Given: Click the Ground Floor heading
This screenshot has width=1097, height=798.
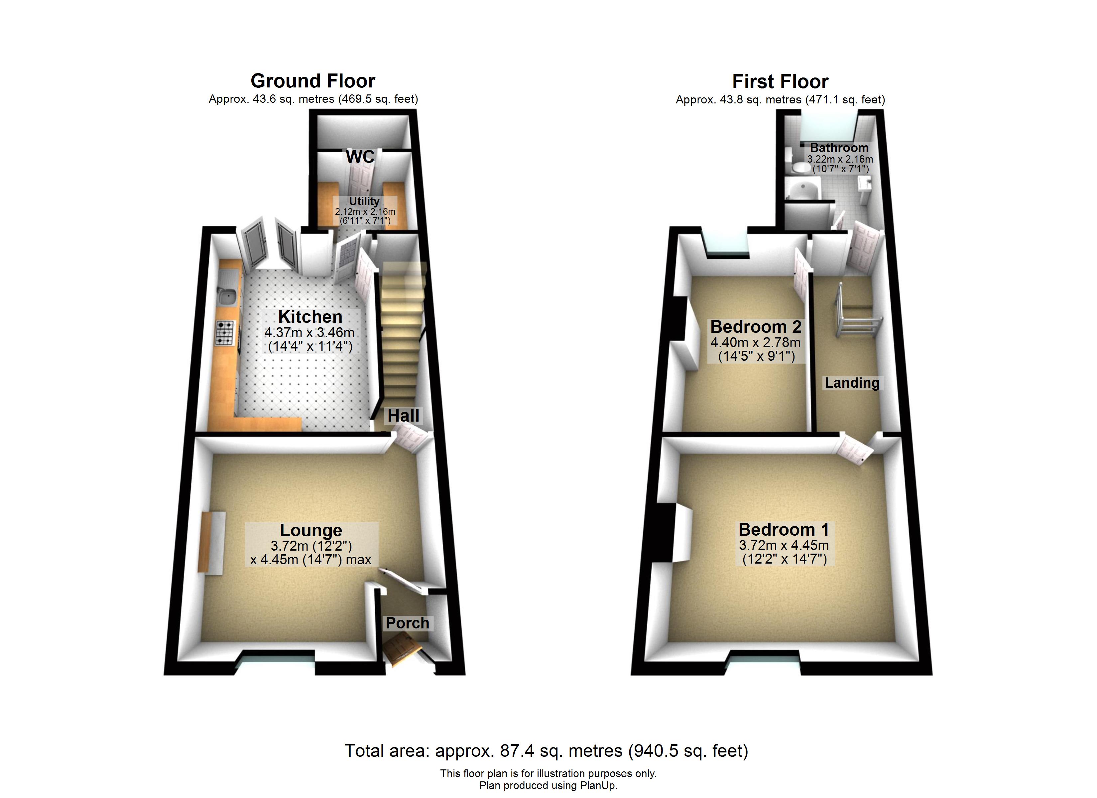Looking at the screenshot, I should click(312, 81).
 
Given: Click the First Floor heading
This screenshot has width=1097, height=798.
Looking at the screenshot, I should click(780, 81).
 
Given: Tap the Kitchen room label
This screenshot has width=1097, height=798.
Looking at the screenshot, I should click(310, 317).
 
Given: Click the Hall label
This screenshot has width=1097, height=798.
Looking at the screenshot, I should click(403, 415).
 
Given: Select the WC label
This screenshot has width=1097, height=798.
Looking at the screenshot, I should click(360, 157).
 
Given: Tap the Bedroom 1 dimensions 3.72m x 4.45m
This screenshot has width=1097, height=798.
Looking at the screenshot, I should click(784, 545).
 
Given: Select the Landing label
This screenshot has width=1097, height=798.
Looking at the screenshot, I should click(852, 383).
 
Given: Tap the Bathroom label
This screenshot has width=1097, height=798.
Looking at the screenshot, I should click(839, 148).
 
